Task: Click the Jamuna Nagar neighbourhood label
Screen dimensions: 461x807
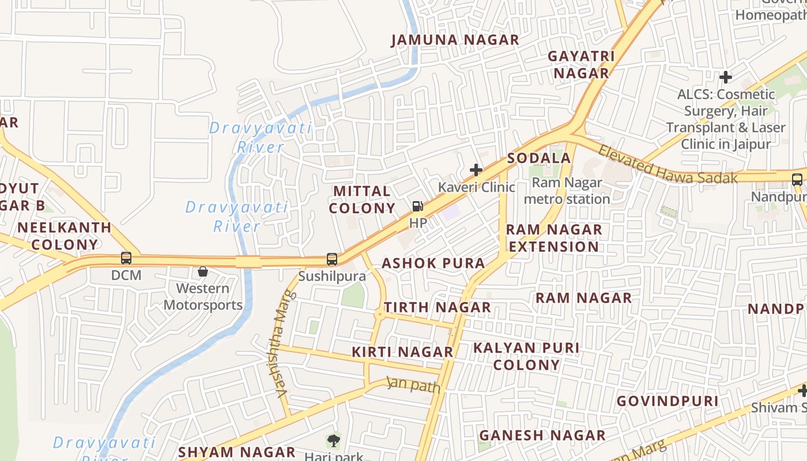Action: click(455, 40)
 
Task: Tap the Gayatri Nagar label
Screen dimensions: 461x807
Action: click(581, 65)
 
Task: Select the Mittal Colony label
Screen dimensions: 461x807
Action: click(362, 199)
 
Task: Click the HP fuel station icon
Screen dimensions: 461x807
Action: click(417, 206)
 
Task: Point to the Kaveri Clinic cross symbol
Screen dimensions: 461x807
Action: click(476, 170)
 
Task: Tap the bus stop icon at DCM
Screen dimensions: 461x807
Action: click(126, 258)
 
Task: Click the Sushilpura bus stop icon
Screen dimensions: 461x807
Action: click(332, 259)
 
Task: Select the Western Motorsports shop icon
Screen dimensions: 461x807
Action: click(203, 271)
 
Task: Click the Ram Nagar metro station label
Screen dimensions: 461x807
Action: click(567, 191)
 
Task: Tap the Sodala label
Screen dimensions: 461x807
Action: click(539, 158)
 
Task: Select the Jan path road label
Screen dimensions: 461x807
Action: click(413, 384)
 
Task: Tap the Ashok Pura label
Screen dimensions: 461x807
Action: click(433, 263)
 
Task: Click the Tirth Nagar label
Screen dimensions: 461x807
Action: click(438, 307)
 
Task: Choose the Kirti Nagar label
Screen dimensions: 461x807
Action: click(402, 352)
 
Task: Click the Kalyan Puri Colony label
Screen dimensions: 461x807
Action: click(526, 356)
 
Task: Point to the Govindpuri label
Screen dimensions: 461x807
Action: click(667, 401)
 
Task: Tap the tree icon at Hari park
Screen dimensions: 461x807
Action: click(333, 441)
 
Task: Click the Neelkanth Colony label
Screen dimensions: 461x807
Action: click(65, 236)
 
